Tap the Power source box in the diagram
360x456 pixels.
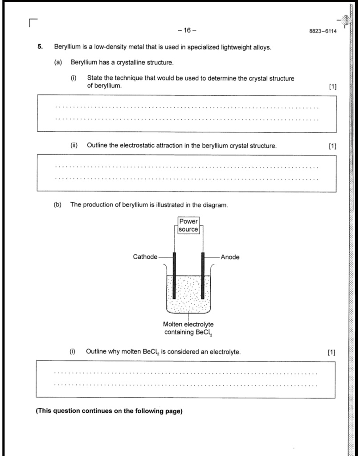[x=188, y=225]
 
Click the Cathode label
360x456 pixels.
[x=145, y=257]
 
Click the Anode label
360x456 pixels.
[x=230, y=257]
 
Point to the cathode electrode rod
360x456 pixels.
[x=174, y=276]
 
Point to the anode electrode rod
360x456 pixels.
[x=203, y=276]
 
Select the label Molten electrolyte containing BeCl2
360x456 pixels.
[x=188, y=328]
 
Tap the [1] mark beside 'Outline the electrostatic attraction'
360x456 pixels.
[x=332, y=146]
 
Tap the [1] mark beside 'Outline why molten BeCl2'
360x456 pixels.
[x=331, y=352]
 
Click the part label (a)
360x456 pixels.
[x=58, y=62]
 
